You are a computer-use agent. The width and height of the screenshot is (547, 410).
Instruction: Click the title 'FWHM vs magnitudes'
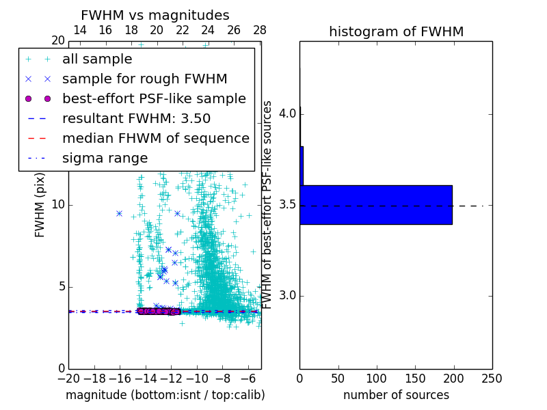[x=155, y=16]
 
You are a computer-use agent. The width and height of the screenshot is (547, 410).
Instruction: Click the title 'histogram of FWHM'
[x=396, y=31]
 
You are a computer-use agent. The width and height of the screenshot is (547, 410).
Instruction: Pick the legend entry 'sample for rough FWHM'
[x=144, y=79]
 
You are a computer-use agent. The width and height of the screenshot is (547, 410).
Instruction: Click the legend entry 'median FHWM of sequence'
[x=155, y=138]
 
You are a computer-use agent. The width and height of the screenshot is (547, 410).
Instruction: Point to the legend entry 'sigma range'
[x=105, y=158]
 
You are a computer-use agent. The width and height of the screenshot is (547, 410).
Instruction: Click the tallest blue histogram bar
[x=376, y=204]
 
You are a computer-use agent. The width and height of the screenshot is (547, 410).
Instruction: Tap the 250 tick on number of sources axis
[x=492, y=378]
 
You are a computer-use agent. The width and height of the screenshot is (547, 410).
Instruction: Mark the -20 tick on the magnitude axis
[x=68, y=378]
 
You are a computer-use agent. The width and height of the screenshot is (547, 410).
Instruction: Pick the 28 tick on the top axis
[x=260, y=30]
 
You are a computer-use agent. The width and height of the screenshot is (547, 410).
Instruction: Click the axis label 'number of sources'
[x=396, y=395]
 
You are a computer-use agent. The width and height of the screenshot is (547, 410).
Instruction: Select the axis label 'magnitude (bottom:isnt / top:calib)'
[x=165, y=395]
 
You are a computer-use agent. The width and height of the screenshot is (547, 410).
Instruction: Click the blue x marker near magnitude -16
[x=119, y=213]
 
